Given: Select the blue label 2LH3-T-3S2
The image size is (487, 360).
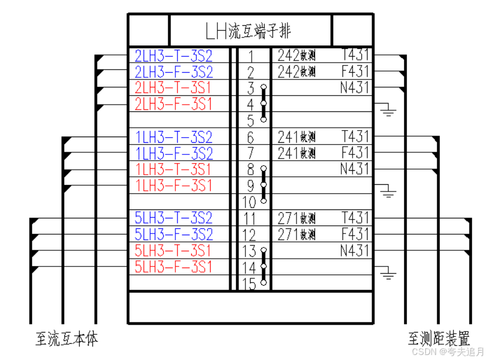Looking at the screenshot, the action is (174, 56).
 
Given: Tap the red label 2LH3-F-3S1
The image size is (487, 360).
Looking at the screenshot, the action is (174, 104).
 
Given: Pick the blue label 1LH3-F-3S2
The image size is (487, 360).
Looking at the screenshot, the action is (174, 153).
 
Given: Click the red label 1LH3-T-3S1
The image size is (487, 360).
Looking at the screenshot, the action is (174, 169).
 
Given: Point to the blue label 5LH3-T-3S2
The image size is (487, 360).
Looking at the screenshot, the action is (174, 218).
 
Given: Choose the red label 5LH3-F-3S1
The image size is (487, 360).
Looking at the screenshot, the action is (174, 267).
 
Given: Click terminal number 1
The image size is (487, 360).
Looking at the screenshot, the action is (251, 57).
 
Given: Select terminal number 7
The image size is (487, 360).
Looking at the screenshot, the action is (251, 153).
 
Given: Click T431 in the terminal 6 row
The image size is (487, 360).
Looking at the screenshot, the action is (355, 137).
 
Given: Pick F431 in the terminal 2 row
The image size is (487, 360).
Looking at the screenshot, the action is (355, 72).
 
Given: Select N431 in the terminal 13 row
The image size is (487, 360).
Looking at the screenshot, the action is (355, 250).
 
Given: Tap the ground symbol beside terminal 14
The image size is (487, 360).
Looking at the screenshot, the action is (387, 272).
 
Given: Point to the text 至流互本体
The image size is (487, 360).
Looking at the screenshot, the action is (67, 339).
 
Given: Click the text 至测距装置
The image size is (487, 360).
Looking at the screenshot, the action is (439, 339).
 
